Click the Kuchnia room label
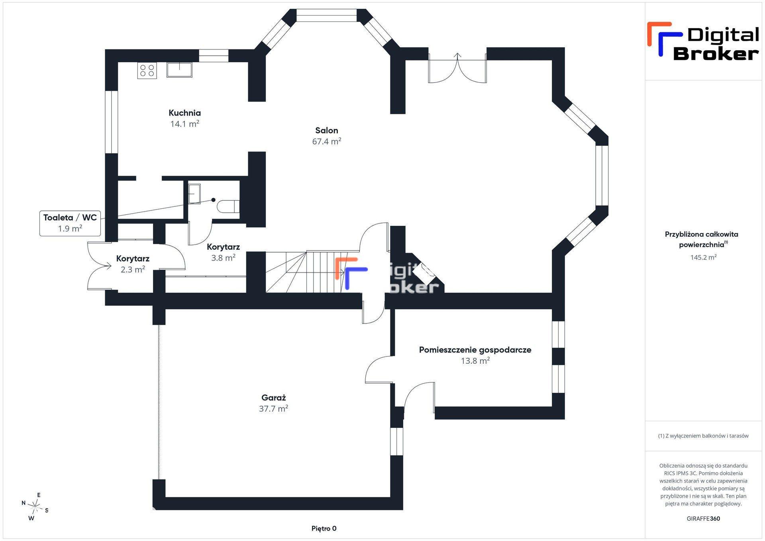(x=184, y=113)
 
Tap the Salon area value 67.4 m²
(x=327, y=141)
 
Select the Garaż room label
(x=273, y=398)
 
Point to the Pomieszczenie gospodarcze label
(x=475, y=350)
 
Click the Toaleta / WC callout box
(x=70, y=223)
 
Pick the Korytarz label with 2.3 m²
(x=133, y=259)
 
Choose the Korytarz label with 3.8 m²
(x=223, y=247)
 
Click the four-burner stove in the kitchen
(x=147, y=71)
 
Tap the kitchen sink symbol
(x=179, y=70)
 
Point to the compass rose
(x=35, y=507)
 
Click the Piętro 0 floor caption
(x=324, y=529)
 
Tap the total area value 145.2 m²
(x=703, y=257)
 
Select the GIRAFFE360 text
(x=703, y=519)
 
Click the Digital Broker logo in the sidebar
(x=703, y=41)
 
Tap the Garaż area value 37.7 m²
(x=273, y=409)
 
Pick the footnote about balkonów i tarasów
(x=703, y=436)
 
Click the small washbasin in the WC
(x=194, y=194)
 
